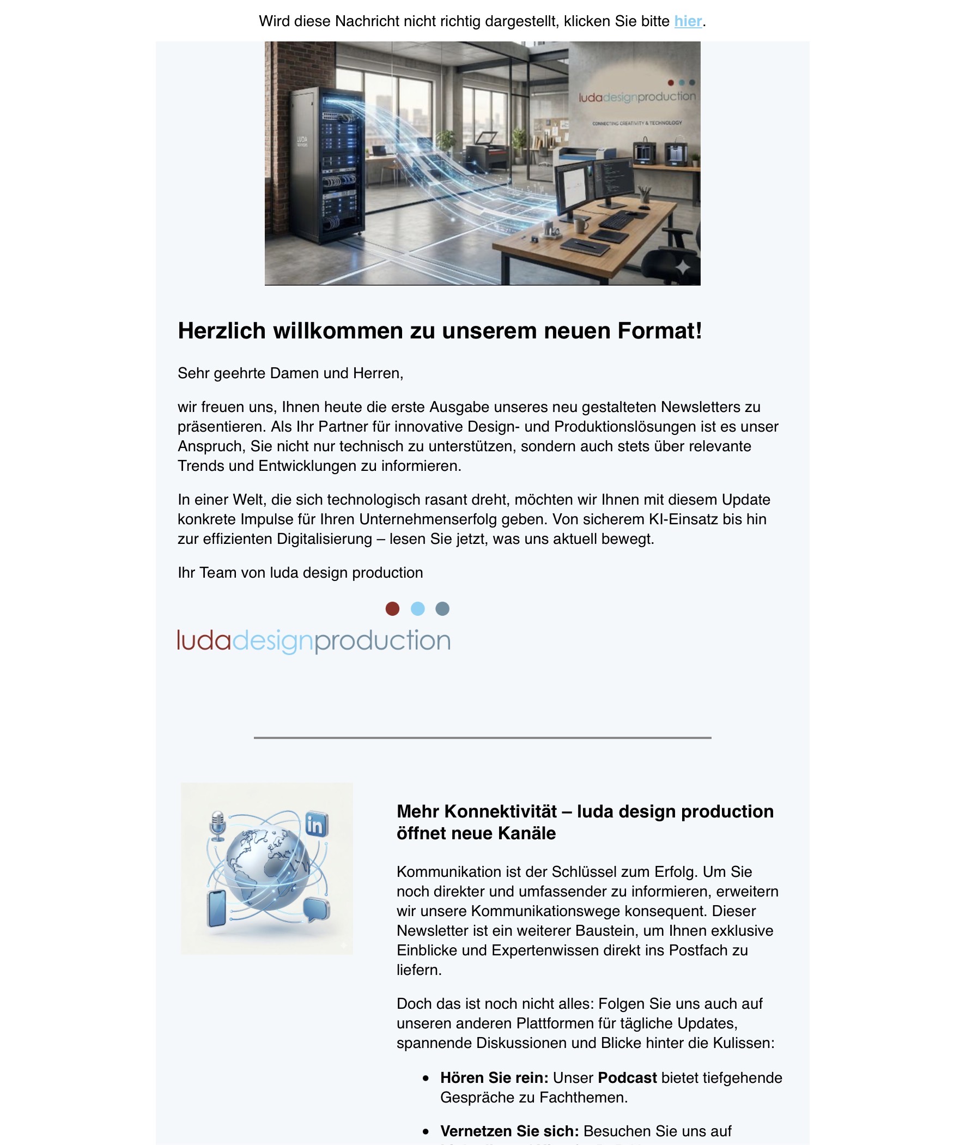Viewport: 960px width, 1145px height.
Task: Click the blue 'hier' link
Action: (x=688, y=21)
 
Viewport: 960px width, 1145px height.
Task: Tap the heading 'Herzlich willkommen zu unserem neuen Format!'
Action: (x=439, y=331)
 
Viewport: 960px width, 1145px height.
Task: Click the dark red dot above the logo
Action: (x=392, y=609)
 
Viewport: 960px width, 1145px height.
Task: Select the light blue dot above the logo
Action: (x=417, y=609)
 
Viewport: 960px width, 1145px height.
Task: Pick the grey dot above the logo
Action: (x=442, y=609)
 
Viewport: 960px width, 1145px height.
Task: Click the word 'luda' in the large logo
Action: (x=204, y=641)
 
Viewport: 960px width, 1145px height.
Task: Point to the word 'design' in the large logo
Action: (x=272, y=641)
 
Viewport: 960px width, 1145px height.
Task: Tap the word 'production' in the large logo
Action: (x=382, y=641)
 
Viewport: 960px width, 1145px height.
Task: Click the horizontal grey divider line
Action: (x=482, y=738)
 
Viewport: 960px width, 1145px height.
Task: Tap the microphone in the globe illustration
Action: (x=217, y=825)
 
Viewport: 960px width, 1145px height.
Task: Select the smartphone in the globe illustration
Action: (x=217, y=908)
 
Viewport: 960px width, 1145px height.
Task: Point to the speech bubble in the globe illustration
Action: (x=316, y=908)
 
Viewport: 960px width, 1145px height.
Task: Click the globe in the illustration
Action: (x=267, y=867)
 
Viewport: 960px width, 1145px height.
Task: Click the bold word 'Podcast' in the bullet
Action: (x=627, y=1078)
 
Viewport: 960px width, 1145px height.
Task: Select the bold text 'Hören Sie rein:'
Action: (x=494, y=1078)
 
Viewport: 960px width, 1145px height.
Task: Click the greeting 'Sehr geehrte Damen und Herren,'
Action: (x=290, y=373)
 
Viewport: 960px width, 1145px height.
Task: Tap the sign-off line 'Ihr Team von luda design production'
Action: (x=300, y=573)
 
